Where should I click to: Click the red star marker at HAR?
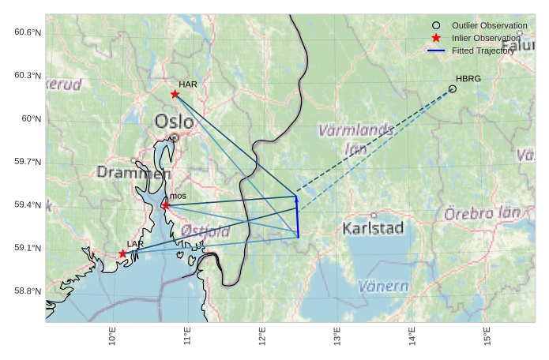(175, 94)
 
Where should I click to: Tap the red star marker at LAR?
(122, 253)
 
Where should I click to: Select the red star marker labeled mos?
(165, 205)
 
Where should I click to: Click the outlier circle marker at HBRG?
(453, 88)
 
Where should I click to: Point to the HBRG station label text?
(468, 78)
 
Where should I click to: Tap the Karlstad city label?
(374, 228)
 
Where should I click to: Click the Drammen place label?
(133, 172)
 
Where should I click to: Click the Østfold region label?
(205, 231)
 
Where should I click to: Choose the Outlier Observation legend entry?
(483, 25)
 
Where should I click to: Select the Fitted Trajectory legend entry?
(482, 51)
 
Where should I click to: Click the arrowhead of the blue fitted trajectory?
(296, 199)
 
